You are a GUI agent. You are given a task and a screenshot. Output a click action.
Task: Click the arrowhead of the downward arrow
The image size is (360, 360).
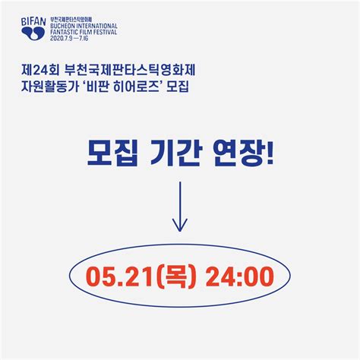pyautogui.click(x=180, y=225)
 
